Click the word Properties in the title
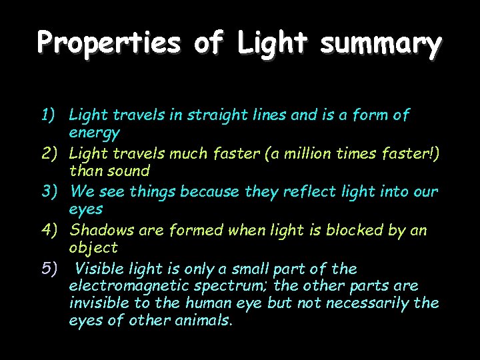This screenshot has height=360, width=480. [109, 43]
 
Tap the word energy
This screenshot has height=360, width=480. [94, 133]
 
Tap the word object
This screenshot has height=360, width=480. [93, 248]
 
